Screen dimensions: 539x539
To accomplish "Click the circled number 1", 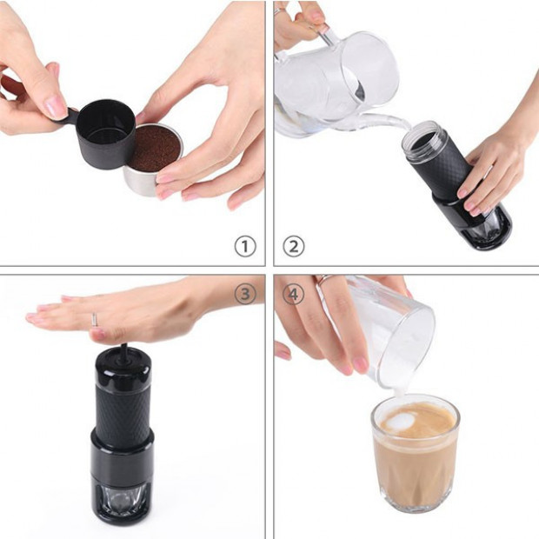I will (245, 246).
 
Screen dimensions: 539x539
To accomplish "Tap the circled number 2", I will (294, 246).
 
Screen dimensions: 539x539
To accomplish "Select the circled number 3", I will (245, 294).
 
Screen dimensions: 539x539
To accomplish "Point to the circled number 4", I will (294, 295).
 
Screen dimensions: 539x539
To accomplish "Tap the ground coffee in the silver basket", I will (154, 149).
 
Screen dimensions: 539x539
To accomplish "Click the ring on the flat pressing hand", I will (95, 319).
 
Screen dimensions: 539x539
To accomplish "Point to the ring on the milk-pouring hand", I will (323, 280).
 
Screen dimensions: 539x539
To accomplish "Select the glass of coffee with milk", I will (415, 456).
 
